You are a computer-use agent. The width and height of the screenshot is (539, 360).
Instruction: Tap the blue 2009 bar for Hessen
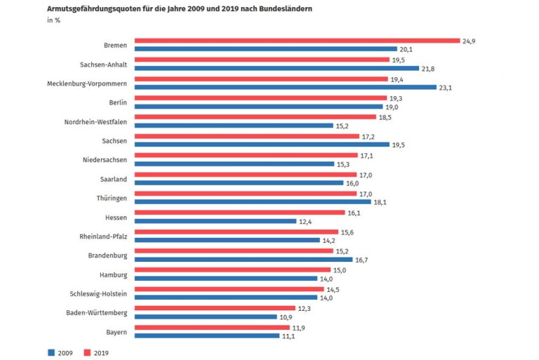pyautogui.click(x=215, y=221)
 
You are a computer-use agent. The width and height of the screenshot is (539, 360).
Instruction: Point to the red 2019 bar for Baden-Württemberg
pyautogui.click(x=215, y=308)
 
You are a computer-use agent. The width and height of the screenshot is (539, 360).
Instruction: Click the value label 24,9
pyautogui.click(x=468, y=41)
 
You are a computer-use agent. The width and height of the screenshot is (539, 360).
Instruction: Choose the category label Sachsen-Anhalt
pyautogui.click(x=104, y=64)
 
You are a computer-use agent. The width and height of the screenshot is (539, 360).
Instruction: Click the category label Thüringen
pyautogui.click(x=112, y=198)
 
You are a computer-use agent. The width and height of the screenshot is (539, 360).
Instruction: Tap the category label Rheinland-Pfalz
pyautogui.click(x=104, y=236)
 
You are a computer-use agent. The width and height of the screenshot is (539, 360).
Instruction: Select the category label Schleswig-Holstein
pyautogui.click(x=99, y=293)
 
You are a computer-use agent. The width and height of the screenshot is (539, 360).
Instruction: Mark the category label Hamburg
pyautogui.click(x=112, y=274)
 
